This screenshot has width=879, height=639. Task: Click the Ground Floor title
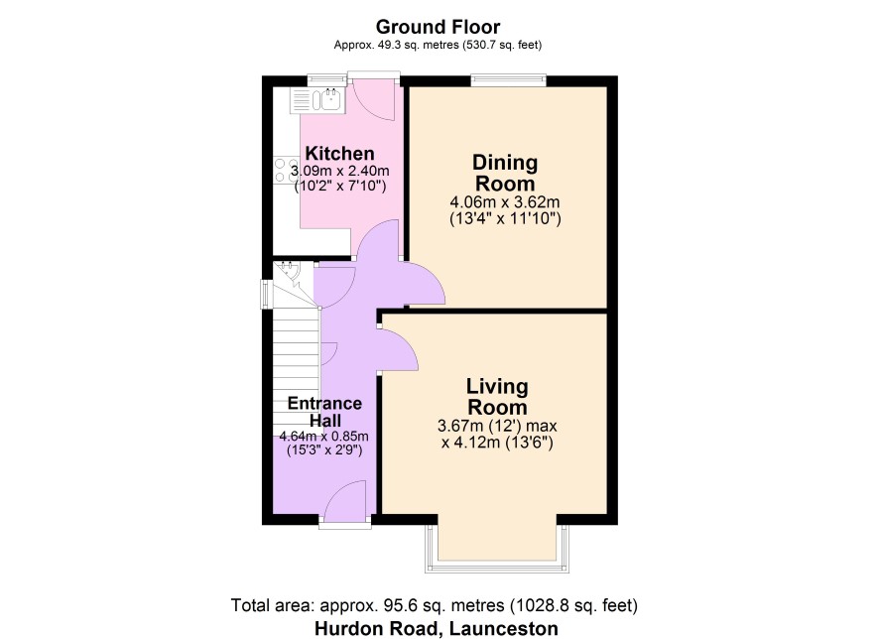click(438, 27)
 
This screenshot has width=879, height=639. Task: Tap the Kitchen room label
click(339, 153)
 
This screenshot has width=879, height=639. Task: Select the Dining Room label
click(505, 173)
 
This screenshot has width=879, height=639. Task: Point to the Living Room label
click(497, 396)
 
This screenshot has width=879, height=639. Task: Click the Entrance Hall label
click(324, 412)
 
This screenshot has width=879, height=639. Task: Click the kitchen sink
click(317, 101)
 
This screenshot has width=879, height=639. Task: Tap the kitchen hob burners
click(286, 170)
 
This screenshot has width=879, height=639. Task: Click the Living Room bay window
click(497, 548)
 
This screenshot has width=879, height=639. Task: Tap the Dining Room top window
click(509, 80)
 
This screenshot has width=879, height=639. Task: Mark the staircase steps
click(296, 371)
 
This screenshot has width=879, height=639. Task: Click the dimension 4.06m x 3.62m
click(505, 201)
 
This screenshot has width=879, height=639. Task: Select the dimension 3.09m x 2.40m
click(339, 171)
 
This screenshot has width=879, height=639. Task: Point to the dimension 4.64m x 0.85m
click(324, 437)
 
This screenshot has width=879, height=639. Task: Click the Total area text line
click(435, 605)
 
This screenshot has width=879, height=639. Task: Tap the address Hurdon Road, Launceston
click(437, 628)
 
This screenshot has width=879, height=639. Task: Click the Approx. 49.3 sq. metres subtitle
click(438, 45)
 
